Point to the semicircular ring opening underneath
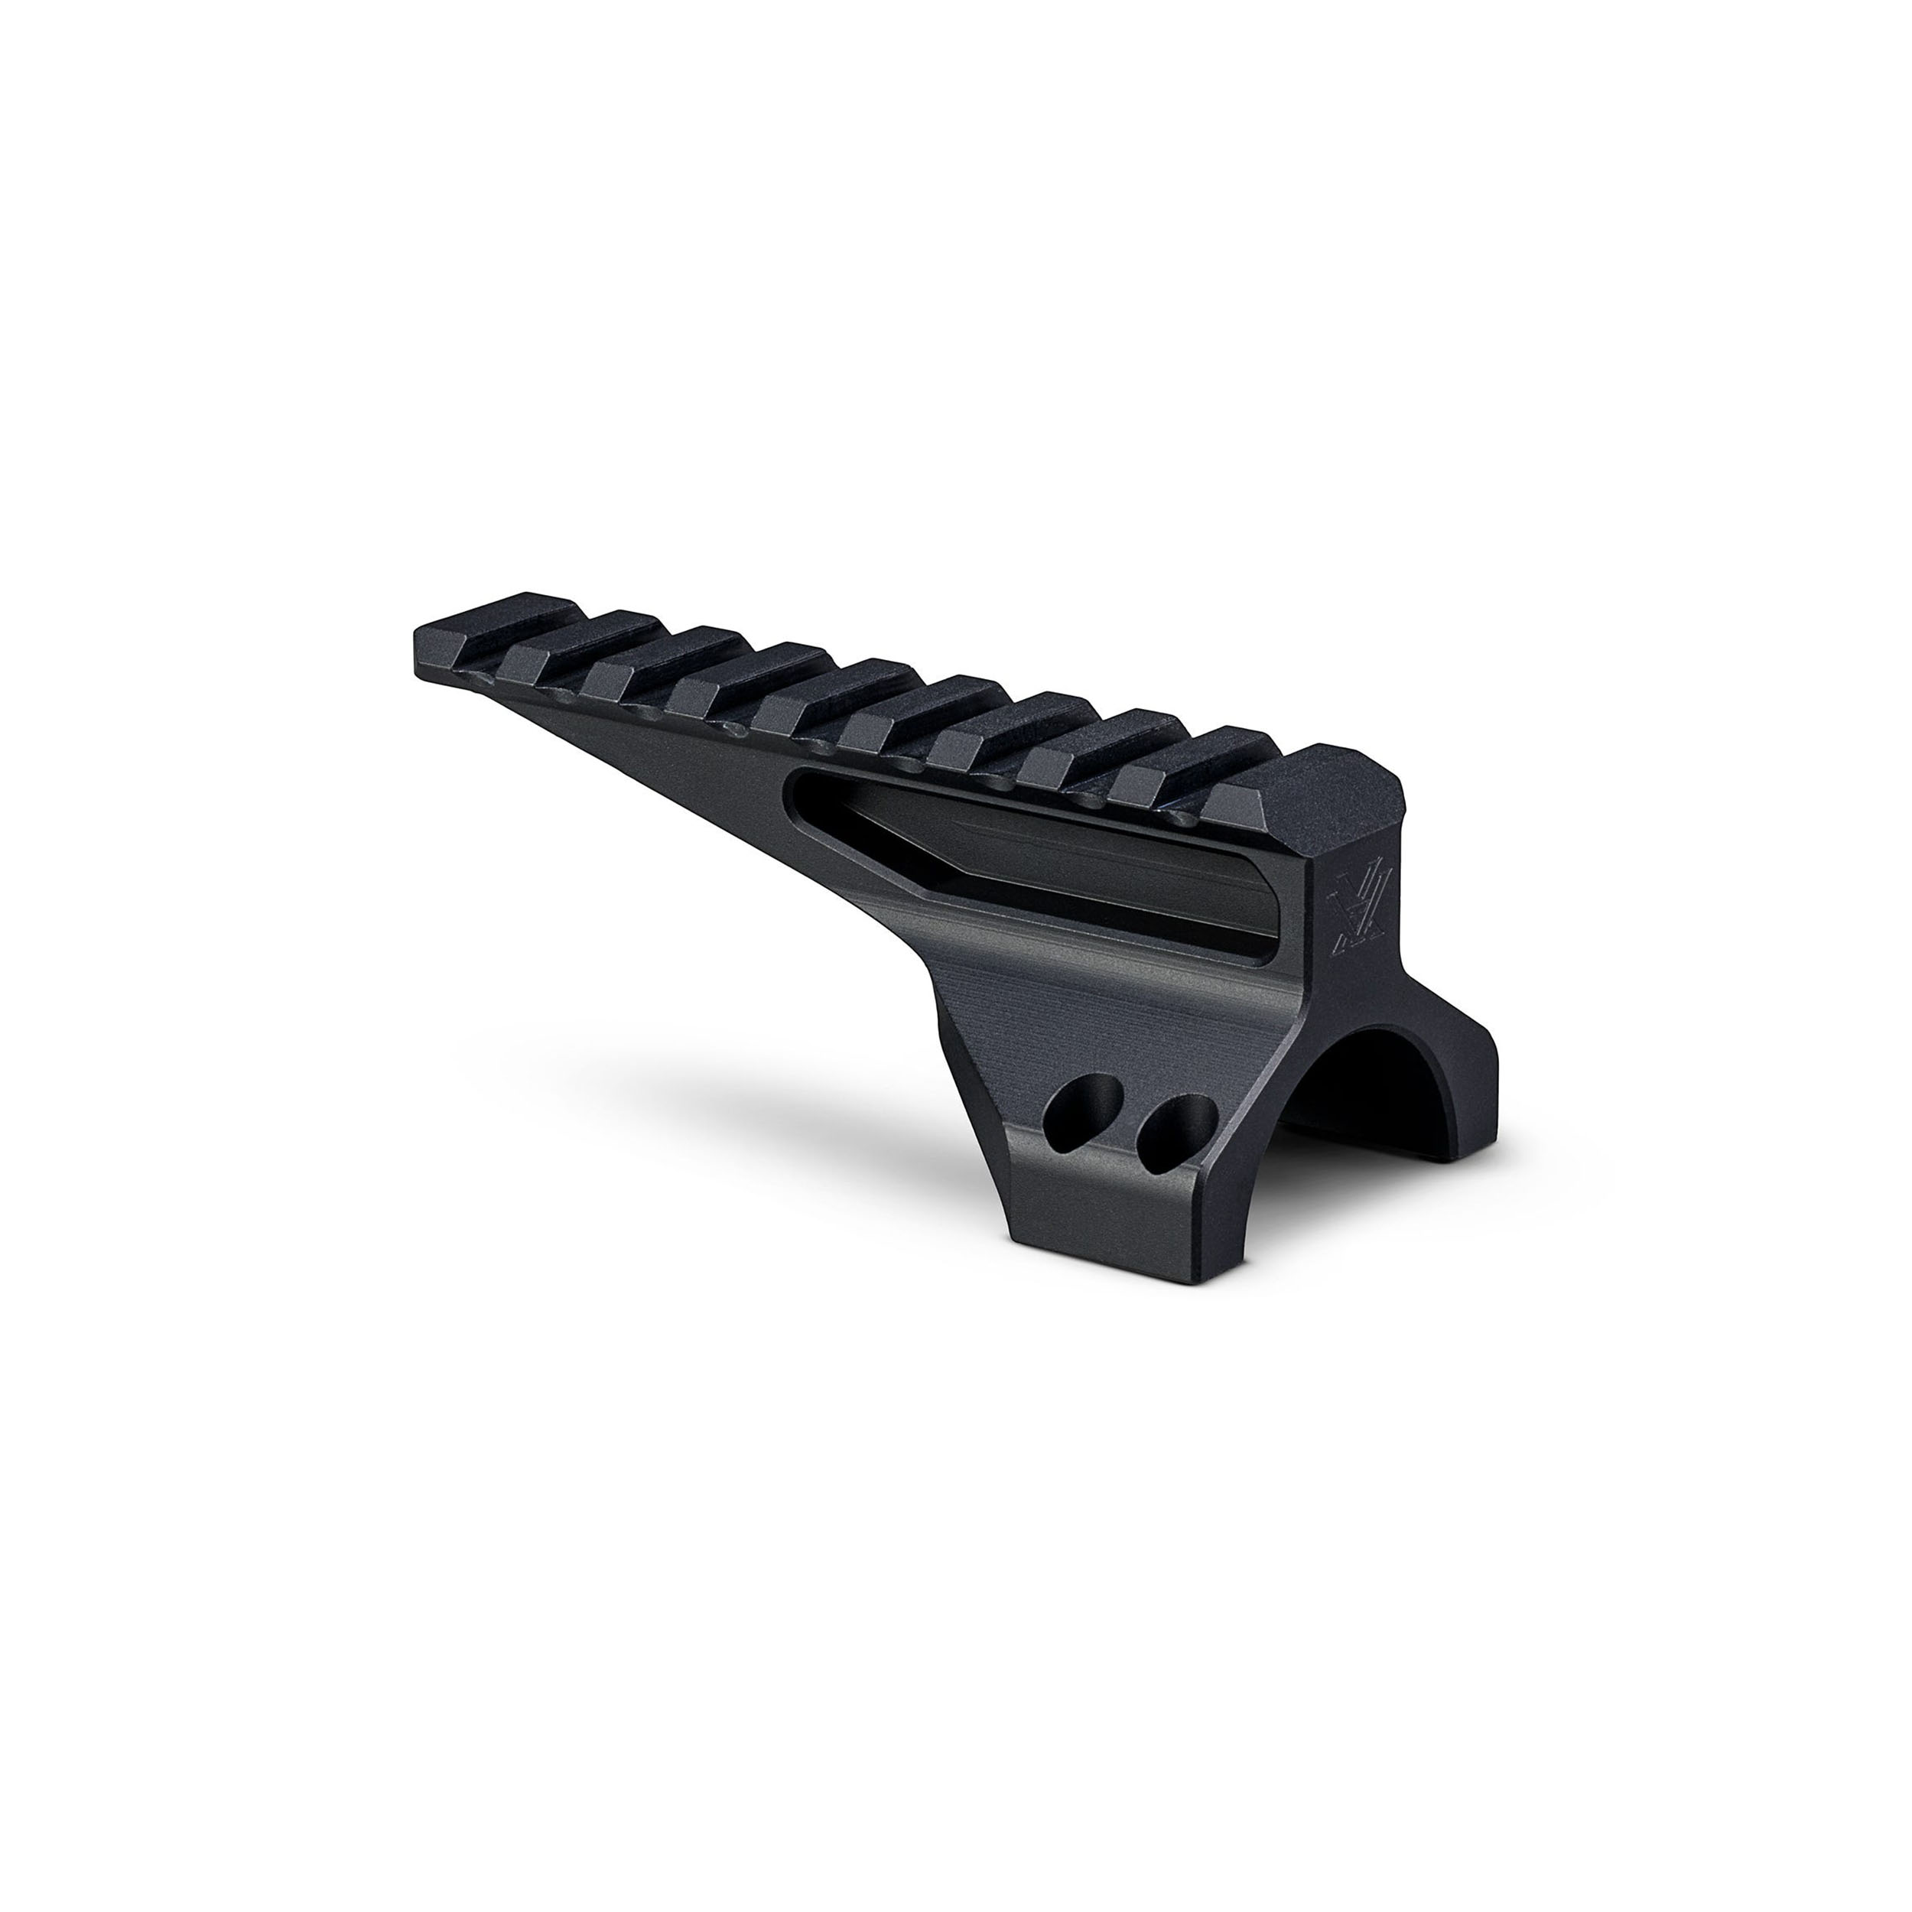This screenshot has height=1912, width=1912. pos(1386,1098)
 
